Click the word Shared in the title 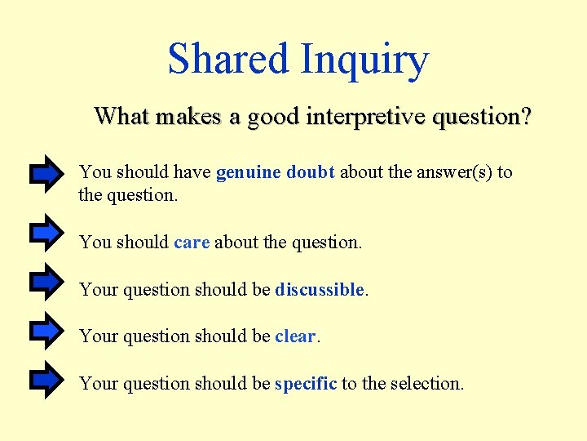pyautogui.click(x=227, y=59)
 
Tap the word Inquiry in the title pyautogui.click(x=364, y=60)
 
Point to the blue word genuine pyautogui.click(x=249, y=172)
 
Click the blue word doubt pyautogui.click(x=311, y=171)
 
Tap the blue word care pyautogui.click(x=192, y=243)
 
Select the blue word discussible pyautogui.click(x=320, y=289)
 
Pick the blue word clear pyautogui.click(x=295, y=336)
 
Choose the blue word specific pyautogui.click(x=306, y=384)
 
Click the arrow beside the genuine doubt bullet pyautogui.click(x=46, y=173)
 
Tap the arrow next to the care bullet pyautogui.click(x=46, y=233)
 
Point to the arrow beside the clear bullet pyautogui.click(x=46, y=330)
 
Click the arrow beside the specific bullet pyautogui.click(x=46, y=378)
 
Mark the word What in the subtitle pyautogui.click(x=121, y=116)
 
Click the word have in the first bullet pyautogui.click(x=194, y=171)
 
